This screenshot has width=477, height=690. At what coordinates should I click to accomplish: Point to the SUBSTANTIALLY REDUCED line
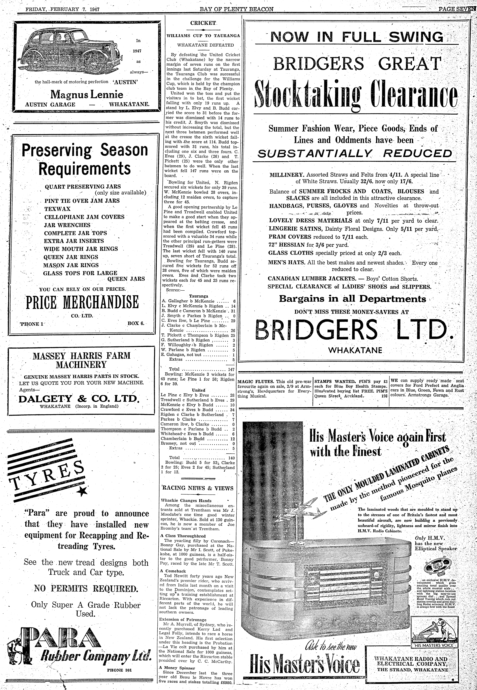point(355,153)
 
